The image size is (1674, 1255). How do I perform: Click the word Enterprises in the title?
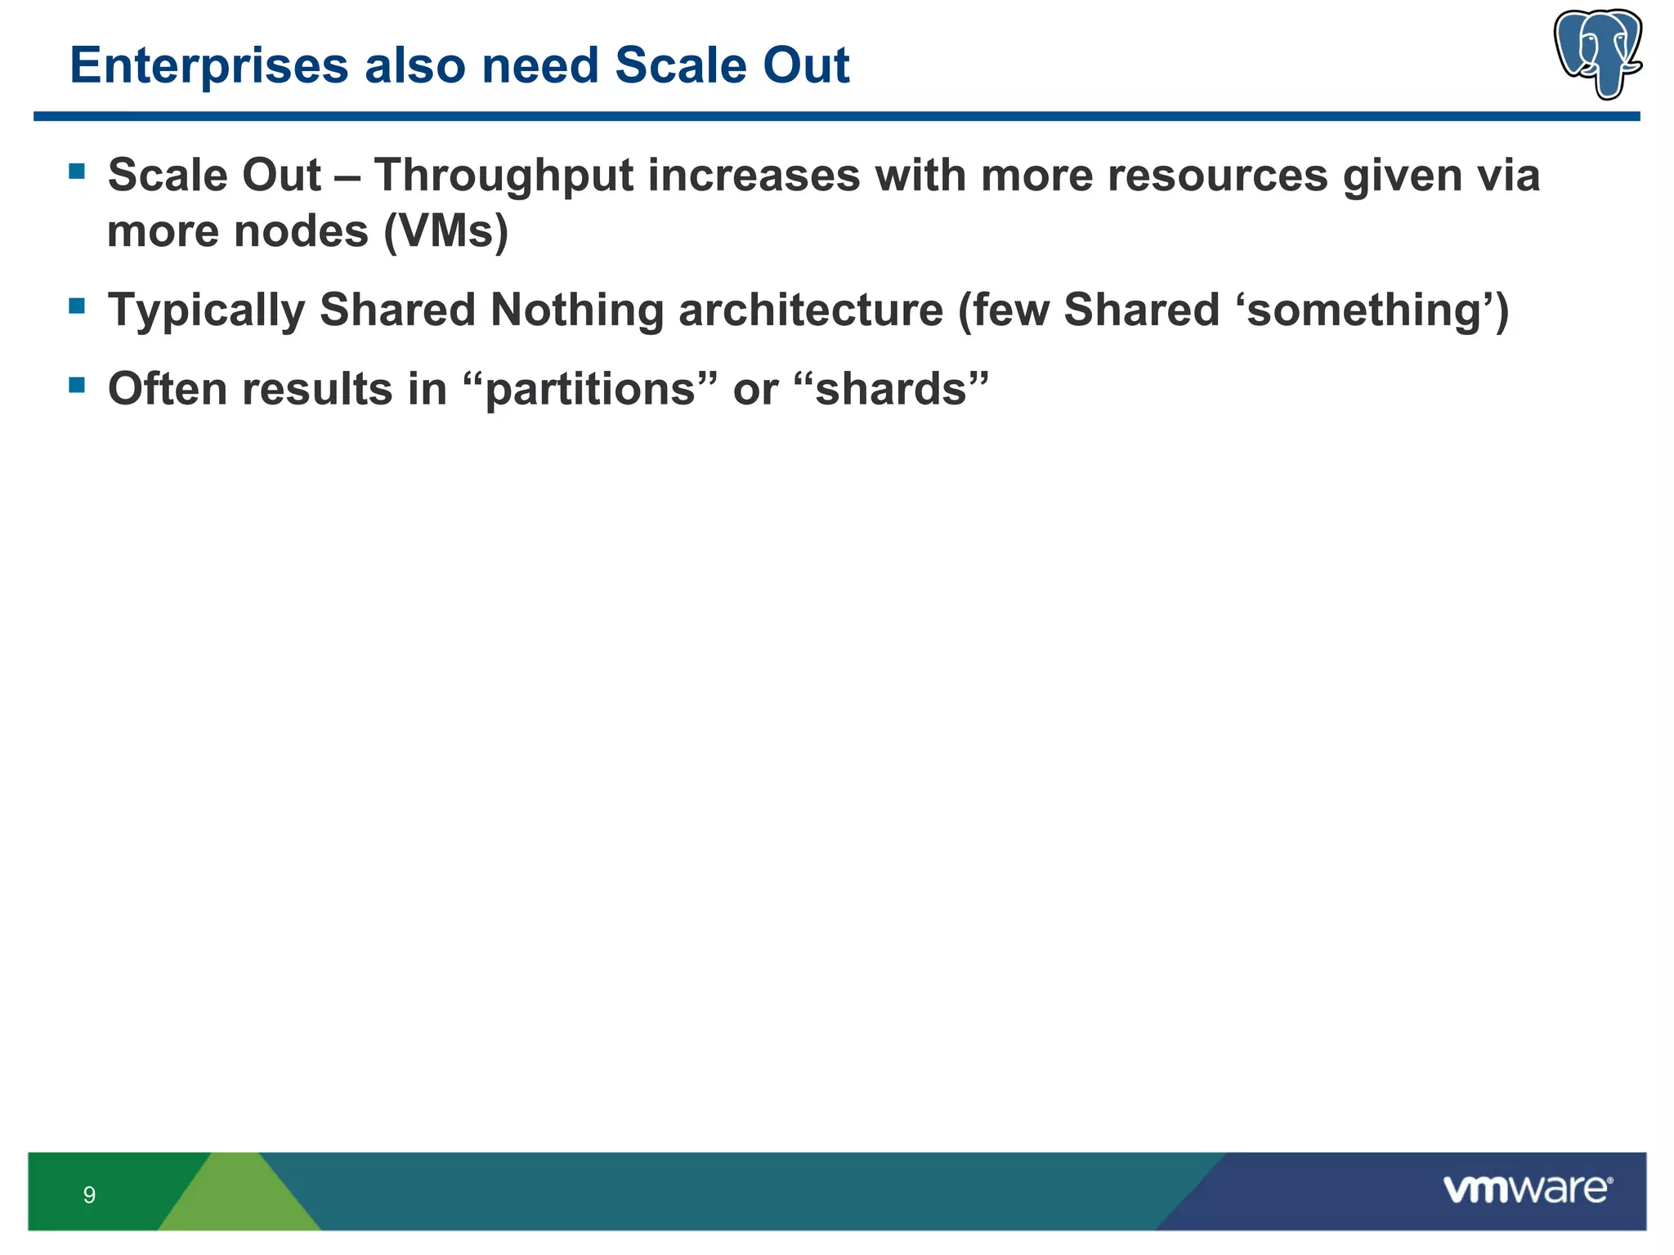click(x=208, y=66)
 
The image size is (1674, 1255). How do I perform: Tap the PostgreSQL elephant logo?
click(x=1597, y=54)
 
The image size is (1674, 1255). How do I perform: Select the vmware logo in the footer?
click(x=1527, y=1190)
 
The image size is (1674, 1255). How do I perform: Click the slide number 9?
click(x=89, y=1195)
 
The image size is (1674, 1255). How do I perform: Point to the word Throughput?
click(x=504, y=176)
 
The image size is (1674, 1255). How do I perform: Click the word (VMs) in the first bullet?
click(x=446, y=231)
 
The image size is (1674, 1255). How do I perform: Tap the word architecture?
click(x=810, y=310)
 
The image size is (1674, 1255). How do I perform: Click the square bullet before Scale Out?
click(x=78, y=171)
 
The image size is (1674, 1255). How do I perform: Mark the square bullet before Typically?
click(x=78, y=306)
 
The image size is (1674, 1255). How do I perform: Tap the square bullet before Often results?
click(x=78, y=384)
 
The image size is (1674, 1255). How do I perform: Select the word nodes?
click(x=302, y=231)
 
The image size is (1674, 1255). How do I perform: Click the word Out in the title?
click(x=805, y=66)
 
